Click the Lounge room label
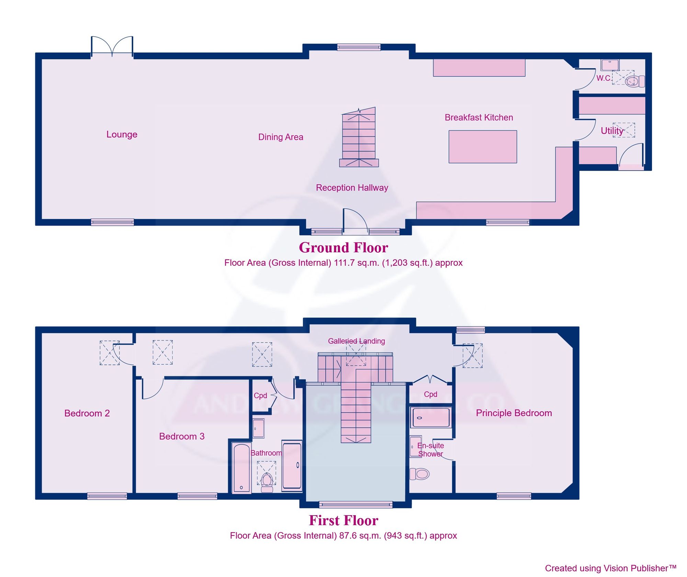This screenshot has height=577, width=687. pyautogui.click(x=122, y=134)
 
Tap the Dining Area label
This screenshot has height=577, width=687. pyautogui.click(x=281, y=137)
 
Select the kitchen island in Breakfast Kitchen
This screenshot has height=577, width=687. pyautogui.click(x=482, y=147)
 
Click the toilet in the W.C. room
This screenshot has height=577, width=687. pyautogui.click(x=634, y=82)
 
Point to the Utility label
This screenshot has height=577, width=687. pyautogui.click(x=611, y=130)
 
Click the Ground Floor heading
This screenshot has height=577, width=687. pyautogui.click(x=343, y=247)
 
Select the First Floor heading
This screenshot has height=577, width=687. pyautogui.click(x=343, y=520)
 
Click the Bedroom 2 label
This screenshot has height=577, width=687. pyautogui.click(x=87, y=413)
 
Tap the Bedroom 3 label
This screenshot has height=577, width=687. pyautogui.click(x=182, y=436)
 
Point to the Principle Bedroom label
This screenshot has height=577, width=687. pyautogui.click(x=514, y=413)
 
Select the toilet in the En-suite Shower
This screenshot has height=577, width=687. pyautogui.click(x=420, y=474)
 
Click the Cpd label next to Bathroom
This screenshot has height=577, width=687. pyautogui.click(x=260, y=395)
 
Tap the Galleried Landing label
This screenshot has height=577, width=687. pyautogui.click(x=356, y=341)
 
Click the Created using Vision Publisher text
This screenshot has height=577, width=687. pyautogui.click(x=610, y=568)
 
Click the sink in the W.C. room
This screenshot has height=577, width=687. pyautogui.click(x=610, y=65)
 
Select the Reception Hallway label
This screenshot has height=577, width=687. pyautogui.click(x=352, y=187)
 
